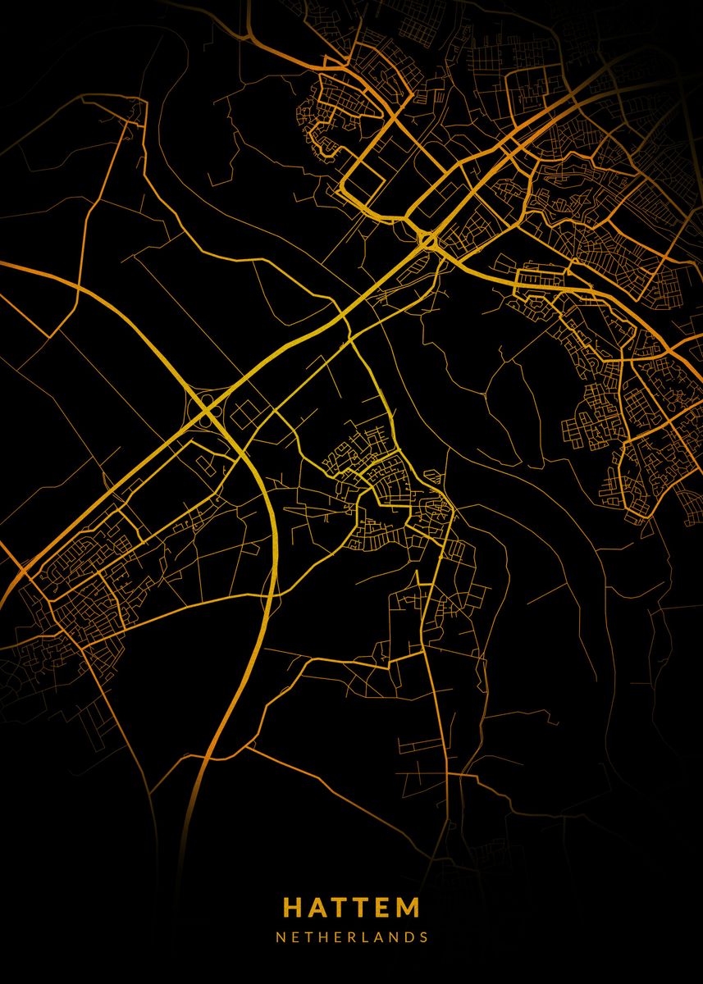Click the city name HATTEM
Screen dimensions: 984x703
[x=351, y=908]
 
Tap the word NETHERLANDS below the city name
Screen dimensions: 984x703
[x=351, y=936]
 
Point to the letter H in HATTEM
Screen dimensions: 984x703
[x=293, y=908]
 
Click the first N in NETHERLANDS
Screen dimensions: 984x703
[x=280, y=936]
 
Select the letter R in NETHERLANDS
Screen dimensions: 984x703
[x=338, y=936]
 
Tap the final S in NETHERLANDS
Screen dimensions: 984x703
[x=423, y=936]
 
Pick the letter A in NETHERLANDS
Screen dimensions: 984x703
[x=366, y=936]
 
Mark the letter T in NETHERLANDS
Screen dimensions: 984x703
[x=295, y=936]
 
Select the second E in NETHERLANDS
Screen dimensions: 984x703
[x=324, y=936]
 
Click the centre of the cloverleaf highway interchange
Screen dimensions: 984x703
[x=205, y=407]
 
